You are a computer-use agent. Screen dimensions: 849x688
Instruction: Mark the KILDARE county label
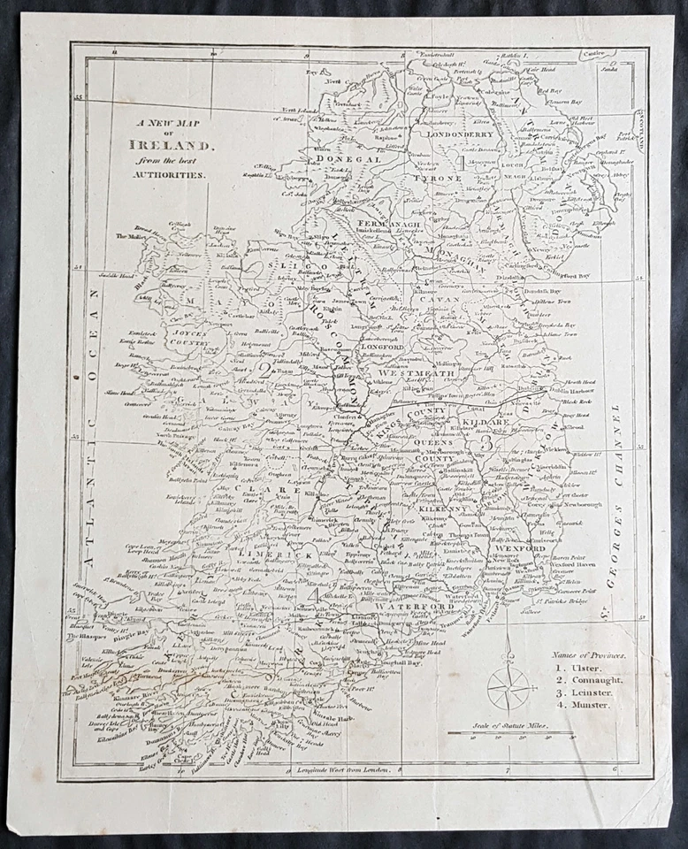(484, 424)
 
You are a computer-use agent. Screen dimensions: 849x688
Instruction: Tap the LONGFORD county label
(380, 347)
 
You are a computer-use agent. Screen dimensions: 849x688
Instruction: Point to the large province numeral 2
(262, 370)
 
